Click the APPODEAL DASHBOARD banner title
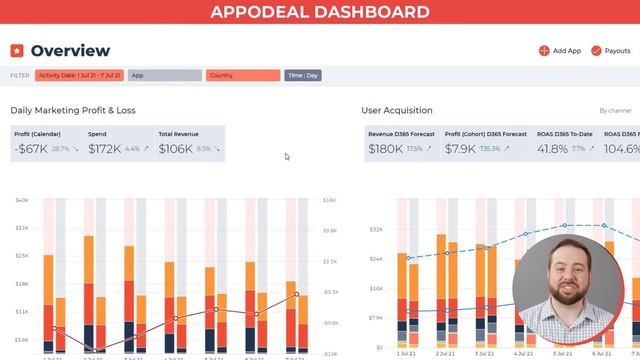tap(320, 12)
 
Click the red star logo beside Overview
tap(17, 50)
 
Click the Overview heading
tap(70, 50)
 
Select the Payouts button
tap(611, 50)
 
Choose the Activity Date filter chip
tap(79, 75)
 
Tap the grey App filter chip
tap(165, 75)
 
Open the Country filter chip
tap(242, 75)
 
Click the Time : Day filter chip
tap(303, 75)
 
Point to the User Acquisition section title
tap(397, 110)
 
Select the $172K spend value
tap(104, 149)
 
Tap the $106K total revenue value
tap(176, 149)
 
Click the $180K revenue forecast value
tap(385, 149)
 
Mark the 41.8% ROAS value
tap(552, 149)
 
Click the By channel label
tap(615, 111)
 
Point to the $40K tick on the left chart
tap(21, 201)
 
